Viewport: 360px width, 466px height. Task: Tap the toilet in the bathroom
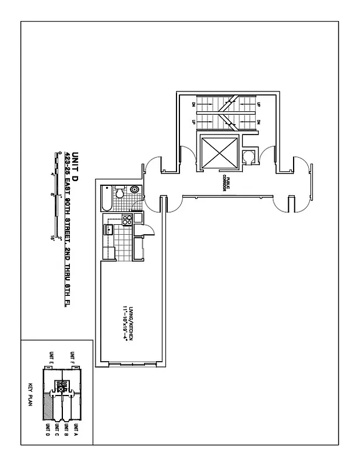tap(121, 191)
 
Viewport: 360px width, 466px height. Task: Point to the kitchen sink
tap(108, 230)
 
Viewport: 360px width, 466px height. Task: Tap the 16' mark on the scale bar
tap(53, 238)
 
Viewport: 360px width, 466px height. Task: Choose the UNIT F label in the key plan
tap(72, 356)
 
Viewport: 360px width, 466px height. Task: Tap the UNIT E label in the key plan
tap(52, 356)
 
